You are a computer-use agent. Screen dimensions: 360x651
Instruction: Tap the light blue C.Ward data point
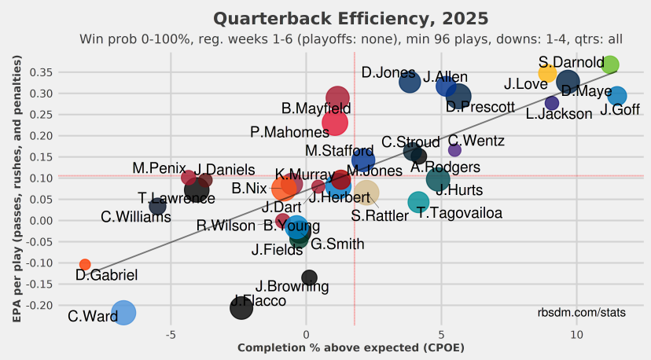click(x=123, y=312)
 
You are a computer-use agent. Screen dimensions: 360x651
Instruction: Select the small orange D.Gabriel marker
click(x=85, y=265)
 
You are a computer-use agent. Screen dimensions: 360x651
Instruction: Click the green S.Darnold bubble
click(x=609, y=64)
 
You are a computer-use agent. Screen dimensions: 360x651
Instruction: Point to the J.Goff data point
click(x=617, y=96)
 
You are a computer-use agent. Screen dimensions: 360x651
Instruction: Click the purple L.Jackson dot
click(x=551, y=103)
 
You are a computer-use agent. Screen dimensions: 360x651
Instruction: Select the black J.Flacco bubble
click(x=241, y=307)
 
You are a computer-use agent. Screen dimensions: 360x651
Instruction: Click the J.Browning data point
click(x=309, y=277)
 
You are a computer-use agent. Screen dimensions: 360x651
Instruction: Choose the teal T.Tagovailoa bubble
click(x=418, y=202)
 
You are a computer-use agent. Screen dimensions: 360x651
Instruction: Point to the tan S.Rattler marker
click(x=366, y=193)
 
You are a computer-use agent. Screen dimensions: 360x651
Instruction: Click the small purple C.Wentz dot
click(x=454, y=150)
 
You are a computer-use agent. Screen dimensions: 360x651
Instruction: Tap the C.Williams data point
click(x=157, y=207)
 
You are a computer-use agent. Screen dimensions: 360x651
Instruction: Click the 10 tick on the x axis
click(x=577, y=335)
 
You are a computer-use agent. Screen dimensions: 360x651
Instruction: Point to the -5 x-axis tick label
click(x=171, y=335)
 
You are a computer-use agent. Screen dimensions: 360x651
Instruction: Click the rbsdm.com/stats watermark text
click(x=582, y=313)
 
